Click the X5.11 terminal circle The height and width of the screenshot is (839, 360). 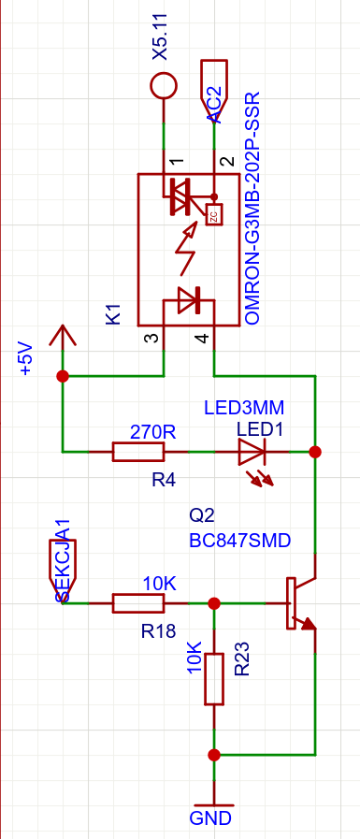coord(163,86)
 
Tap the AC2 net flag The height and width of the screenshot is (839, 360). coord(214,86)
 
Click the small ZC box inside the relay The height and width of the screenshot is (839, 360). coord(214,216)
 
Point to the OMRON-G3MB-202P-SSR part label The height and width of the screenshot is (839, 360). coord(252,209)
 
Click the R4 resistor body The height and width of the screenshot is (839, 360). coord(138,452)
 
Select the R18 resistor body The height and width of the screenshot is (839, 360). coord(138,603)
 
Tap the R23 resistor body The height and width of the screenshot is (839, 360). coord(214,678)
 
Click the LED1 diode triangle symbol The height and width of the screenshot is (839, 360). coord(252,452)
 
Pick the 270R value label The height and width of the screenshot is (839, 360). coord(153,432)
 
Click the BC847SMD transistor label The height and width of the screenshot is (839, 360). coord(240,541)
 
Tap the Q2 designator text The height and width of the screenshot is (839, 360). coord(202,515)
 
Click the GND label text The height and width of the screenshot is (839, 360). coord(210,818)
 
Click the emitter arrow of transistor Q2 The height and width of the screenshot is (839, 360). coord(308,623)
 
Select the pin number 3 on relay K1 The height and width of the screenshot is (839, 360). coord(153,339)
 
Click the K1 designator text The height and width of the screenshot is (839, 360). coord(114,314)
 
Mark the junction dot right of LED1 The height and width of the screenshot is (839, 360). coord(316,452)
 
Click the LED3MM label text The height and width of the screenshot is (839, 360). coord(244,408)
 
